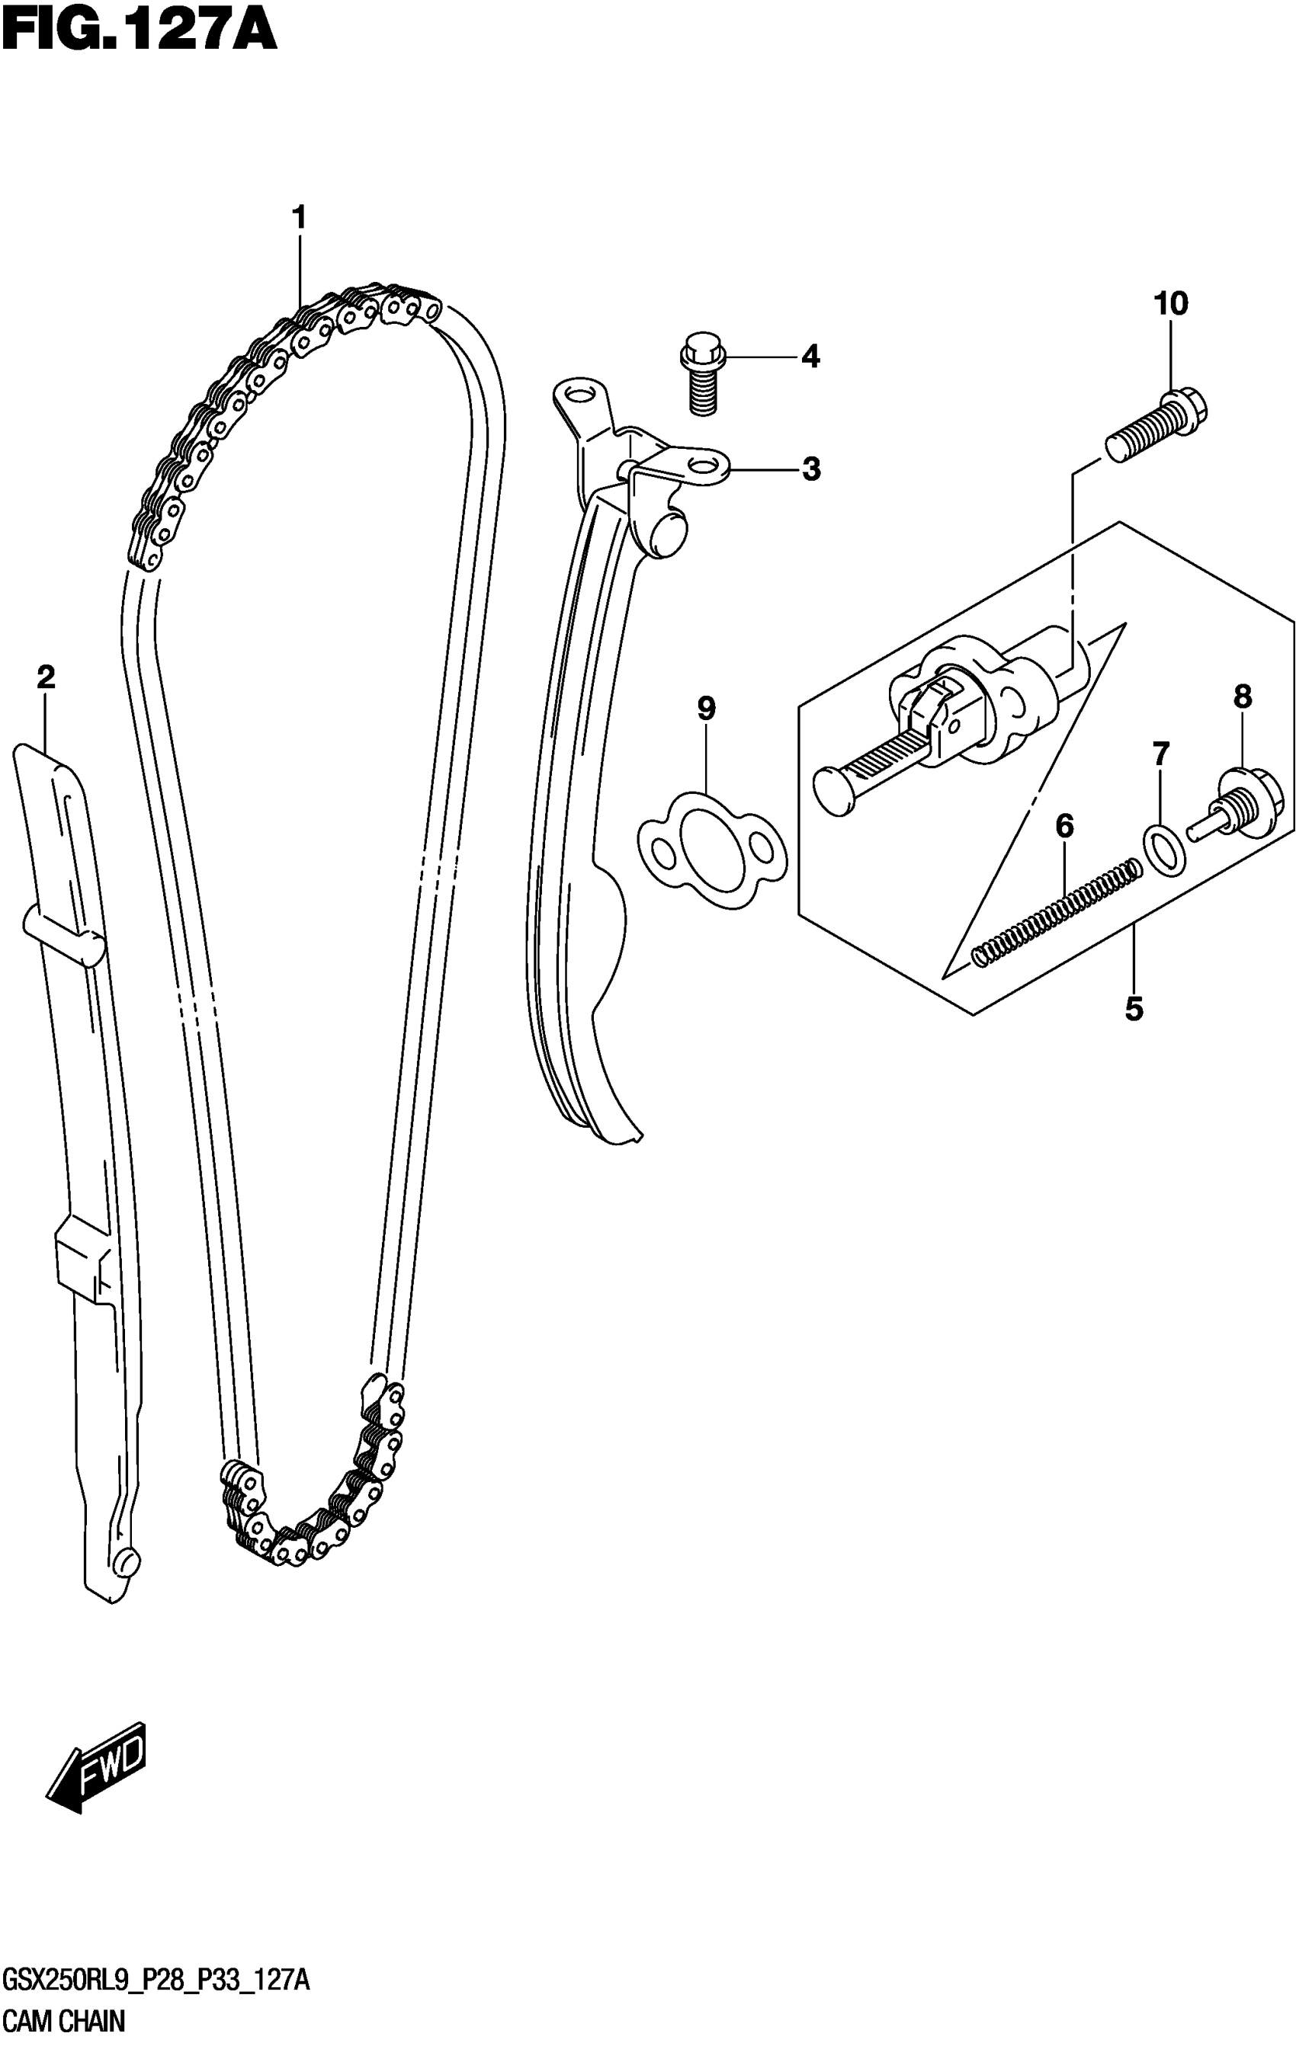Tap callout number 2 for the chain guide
pyautogui.click(x=46, y=677)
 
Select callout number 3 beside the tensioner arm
pyautogui.click(x=812, y=468)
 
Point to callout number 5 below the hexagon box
pyautogui.click(x=1134, y=1009)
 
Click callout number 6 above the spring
pyautogui.click(x=1064, y=825)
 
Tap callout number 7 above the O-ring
pyautogui.click(x=1160, y=752)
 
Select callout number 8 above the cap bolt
pyautogui.click(x=1243, y=697)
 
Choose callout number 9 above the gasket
pyautogui.click(x=706, y=708)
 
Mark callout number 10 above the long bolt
pyautogui.click(x=1171, y=303)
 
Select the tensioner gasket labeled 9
pyautogui.click(x=712, y=850)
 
